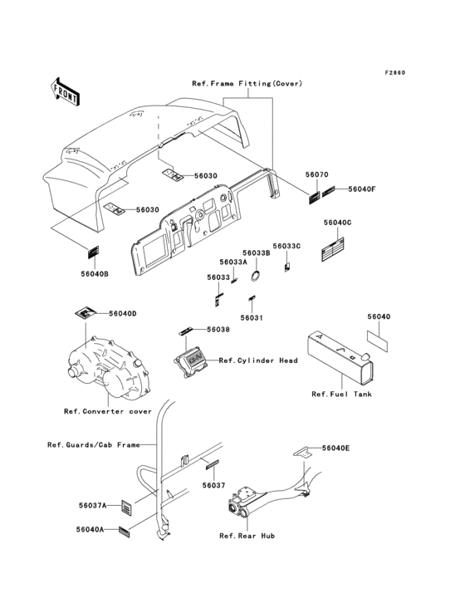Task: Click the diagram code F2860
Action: pos(395,73)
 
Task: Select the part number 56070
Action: pos(316,174)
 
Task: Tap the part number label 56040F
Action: pos(362,189)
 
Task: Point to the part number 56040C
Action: pos(337,223)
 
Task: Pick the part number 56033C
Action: pos(286,246)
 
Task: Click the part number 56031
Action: pos(252,318)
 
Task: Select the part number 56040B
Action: pos(95,274)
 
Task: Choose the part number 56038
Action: pos(218,330)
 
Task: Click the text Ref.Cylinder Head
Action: pos(258,360)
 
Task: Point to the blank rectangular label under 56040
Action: pos(377,341)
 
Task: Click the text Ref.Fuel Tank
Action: pos(341,394)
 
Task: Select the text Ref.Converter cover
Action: pos(108,411)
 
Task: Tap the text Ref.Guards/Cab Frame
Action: pos(93,444)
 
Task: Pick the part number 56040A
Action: pos(90,530)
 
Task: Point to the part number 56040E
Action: pos(335,449)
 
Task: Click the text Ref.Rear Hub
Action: pos(247,536)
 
